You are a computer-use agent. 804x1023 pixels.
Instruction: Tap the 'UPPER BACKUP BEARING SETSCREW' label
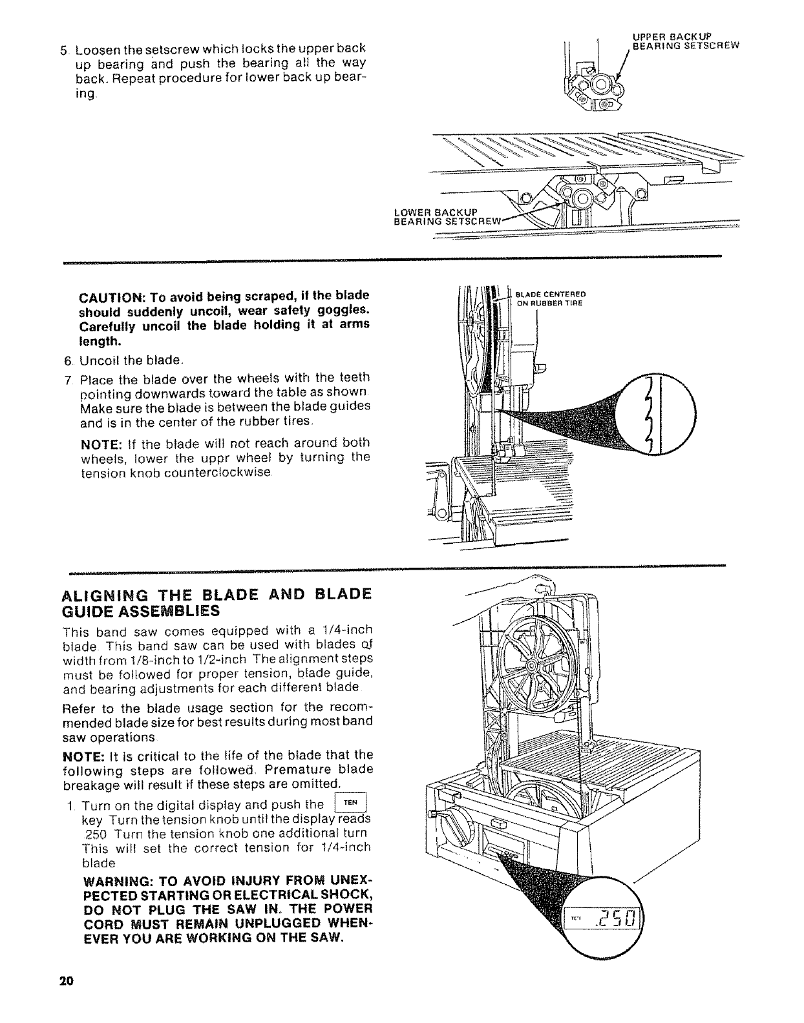684,41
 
